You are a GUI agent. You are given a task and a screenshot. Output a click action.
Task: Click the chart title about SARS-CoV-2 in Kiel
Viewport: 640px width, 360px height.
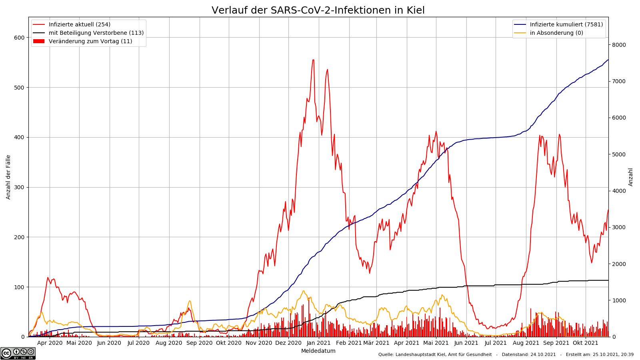318,10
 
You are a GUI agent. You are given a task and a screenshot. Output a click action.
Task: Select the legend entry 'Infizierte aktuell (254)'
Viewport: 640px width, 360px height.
79,24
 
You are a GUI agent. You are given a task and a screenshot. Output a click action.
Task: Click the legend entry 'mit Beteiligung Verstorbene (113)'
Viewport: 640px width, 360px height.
96,33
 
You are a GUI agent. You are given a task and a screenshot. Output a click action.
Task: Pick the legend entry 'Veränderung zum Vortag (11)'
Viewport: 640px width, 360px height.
90,41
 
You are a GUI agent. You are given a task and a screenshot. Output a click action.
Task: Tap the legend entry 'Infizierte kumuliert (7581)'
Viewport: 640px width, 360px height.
566,24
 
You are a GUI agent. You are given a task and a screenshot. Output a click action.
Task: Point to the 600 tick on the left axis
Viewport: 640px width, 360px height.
19,38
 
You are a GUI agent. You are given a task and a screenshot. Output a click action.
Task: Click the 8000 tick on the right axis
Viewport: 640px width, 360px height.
618,45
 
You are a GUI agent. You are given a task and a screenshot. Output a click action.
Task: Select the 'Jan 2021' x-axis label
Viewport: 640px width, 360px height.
318,343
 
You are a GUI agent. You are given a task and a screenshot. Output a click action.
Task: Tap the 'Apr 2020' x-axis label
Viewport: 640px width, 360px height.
50,343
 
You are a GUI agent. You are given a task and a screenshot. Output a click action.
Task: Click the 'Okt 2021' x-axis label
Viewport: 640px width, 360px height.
586,343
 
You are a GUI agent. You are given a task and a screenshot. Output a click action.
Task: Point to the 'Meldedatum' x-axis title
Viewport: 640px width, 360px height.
318,351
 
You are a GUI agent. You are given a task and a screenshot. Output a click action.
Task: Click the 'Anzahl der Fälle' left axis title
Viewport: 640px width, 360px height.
8,177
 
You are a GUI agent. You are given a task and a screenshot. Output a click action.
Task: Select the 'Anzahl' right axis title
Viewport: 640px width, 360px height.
631,177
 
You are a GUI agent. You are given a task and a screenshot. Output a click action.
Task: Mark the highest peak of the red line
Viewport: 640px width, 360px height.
313,60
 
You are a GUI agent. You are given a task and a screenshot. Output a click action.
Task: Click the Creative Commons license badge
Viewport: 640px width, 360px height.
18,353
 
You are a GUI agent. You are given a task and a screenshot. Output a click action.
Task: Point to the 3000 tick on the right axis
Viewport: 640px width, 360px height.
618,227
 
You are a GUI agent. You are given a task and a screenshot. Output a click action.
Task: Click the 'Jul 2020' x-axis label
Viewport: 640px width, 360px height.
139,343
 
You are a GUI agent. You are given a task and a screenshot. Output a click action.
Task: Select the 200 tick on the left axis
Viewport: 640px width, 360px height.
19,237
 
